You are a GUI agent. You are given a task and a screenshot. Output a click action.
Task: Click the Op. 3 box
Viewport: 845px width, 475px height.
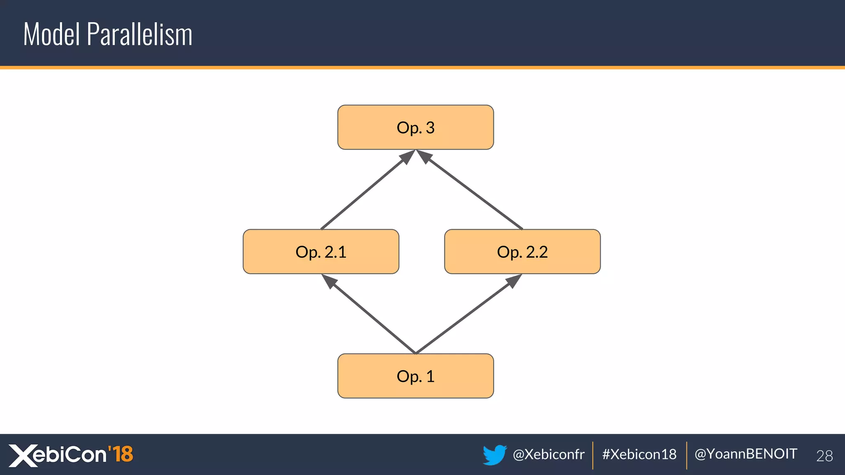415,127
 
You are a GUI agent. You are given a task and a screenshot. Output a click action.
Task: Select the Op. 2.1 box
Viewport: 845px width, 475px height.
321,252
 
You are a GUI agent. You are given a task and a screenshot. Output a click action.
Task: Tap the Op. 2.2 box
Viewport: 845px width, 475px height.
522,252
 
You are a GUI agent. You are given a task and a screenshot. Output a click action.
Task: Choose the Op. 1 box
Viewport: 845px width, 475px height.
415,376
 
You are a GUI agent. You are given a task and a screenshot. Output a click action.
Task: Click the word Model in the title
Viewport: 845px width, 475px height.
52,34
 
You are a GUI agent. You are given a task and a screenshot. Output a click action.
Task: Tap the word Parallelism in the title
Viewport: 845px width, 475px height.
139,34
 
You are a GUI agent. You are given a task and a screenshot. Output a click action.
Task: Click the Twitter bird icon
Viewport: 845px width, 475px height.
494,454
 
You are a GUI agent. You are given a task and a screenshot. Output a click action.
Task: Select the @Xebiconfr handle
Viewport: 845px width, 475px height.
548,454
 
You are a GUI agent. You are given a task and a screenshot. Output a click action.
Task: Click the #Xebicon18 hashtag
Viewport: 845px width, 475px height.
639,454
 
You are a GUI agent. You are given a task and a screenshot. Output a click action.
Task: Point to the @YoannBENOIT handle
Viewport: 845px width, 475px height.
746,454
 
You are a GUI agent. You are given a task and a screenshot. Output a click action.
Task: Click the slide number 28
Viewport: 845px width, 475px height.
824,456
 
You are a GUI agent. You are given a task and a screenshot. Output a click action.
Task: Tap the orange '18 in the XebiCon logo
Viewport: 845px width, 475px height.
120,454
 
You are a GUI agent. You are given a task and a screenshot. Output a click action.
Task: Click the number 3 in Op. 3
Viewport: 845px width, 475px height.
430,128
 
